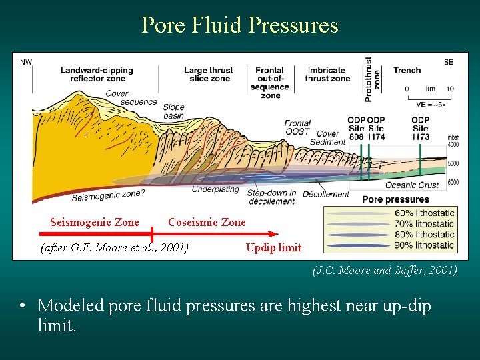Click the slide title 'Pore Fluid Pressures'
point(240,25)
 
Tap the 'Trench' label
point(407,70)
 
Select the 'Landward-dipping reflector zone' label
point(97,74)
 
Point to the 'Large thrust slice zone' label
point(209,74)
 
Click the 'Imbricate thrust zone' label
point(327,74)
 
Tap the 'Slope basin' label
point(173,111)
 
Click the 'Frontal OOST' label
point(297,127)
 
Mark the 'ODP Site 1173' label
point(420,128)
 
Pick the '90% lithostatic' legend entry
point(425,245)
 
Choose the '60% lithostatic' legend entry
point(425,213)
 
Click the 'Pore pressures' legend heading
point(395,199)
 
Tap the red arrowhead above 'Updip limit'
point(273,234)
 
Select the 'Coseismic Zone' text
point(207,222)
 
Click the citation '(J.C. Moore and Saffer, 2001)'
point(385,270)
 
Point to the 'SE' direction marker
point(448,62)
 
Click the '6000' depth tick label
point(453,182)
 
